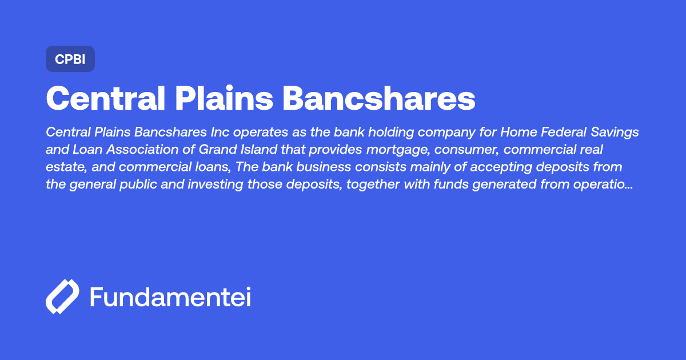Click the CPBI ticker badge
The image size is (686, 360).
(x=70, y=59)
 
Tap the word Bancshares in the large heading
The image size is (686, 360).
(x=379, y=99)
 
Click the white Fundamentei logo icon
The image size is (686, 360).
(x=62, y=297)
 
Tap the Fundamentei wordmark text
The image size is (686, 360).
(x=170, y=297)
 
